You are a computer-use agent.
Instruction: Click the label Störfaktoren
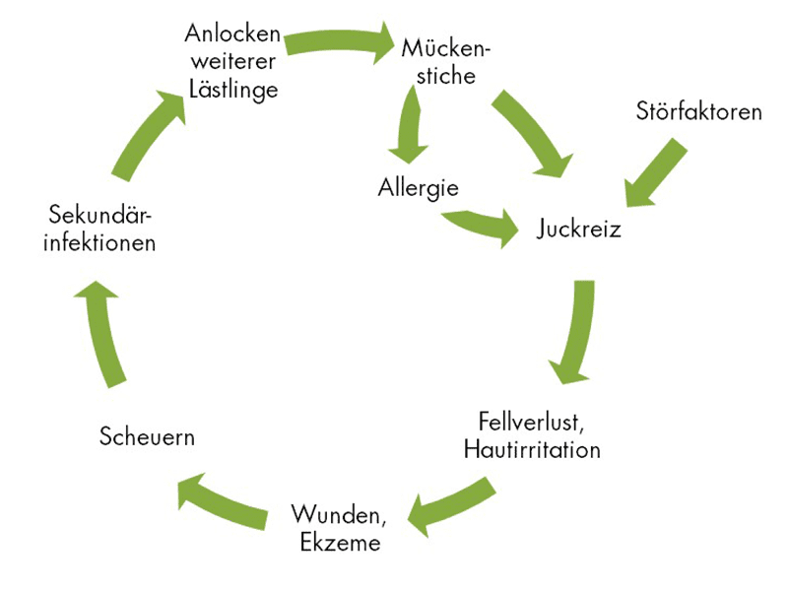pos(698,111)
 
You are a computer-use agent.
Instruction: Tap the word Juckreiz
pos(579,229)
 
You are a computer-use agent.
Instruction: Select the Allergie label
pos(419,187)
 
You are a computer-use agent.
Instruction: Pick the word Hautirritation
pos(532,451)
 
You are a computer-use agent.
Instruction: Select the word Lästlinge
pos(233,89)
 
